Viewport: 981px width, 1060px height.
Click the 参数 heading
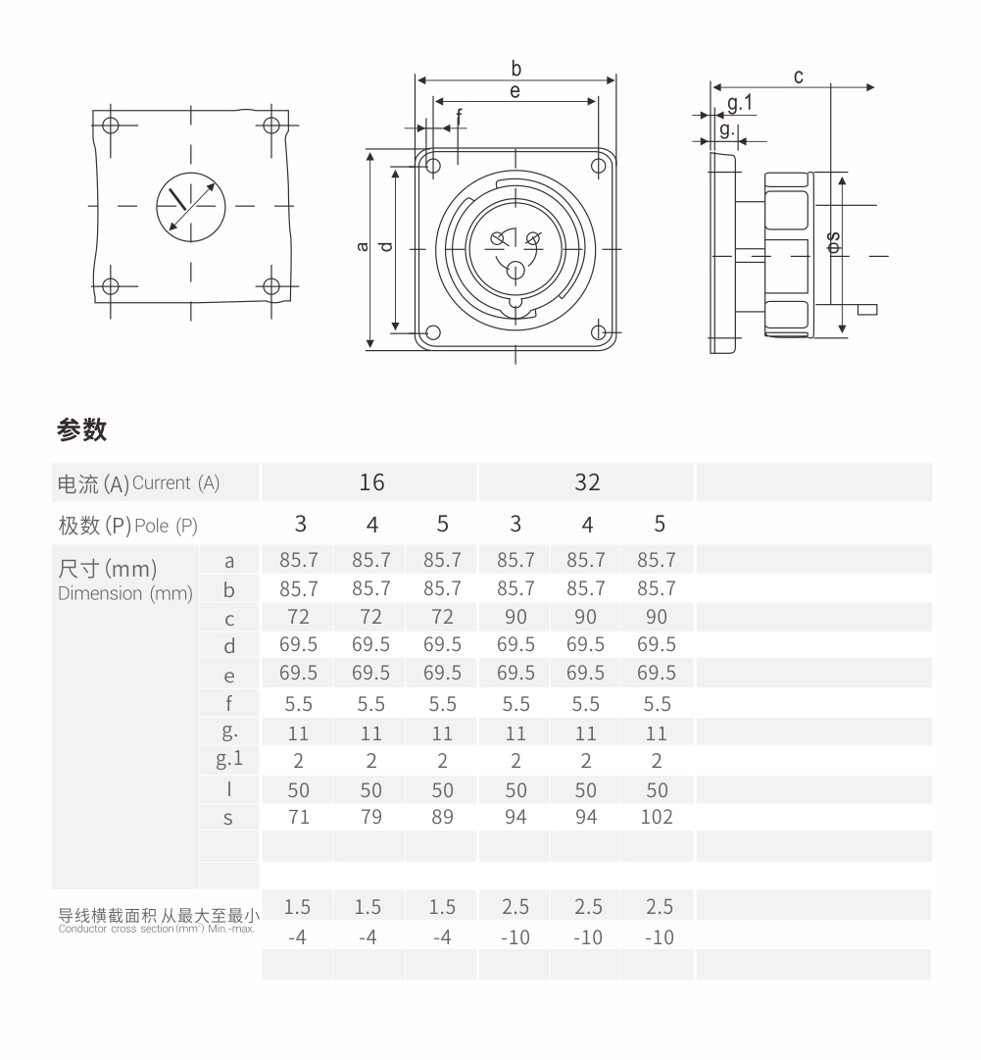pos(82,429)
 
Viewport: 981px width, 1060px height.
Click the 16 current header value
pos(371,482)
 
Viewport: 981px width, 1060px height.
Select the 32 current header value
pos(587,482)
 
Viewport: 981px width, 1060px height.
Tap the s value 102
pos(657,817)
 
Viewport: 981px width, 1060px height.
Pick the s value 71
pos(299,817)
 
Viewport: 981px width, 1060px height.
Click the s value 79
pos(371,817)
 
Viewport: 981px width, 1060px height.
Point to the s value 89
pos(443,817)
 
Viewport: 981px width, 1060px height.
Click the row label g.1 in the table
pos(229,759)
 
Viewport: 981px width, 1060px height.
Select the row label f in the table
pos(229,703)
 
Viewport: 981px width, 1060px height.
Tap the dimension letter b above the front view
pos(516,69)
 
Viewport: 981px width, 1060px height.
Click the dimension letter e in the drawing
pos(515,91)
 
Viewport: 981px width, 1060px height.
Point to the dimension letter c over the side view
pos(799,76)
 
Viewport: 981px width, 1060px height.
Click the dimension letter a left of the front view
pos(363,246)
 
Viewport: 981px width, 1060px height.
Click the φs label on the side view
pos(832,242)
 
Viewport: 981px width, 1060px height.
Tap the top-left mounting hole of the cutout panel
pos(110,126)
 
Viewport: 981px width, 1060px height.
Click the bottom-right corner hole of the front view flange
pos(598,332)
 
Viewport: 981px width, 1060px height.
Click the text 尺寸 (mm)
pos(108,569)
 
